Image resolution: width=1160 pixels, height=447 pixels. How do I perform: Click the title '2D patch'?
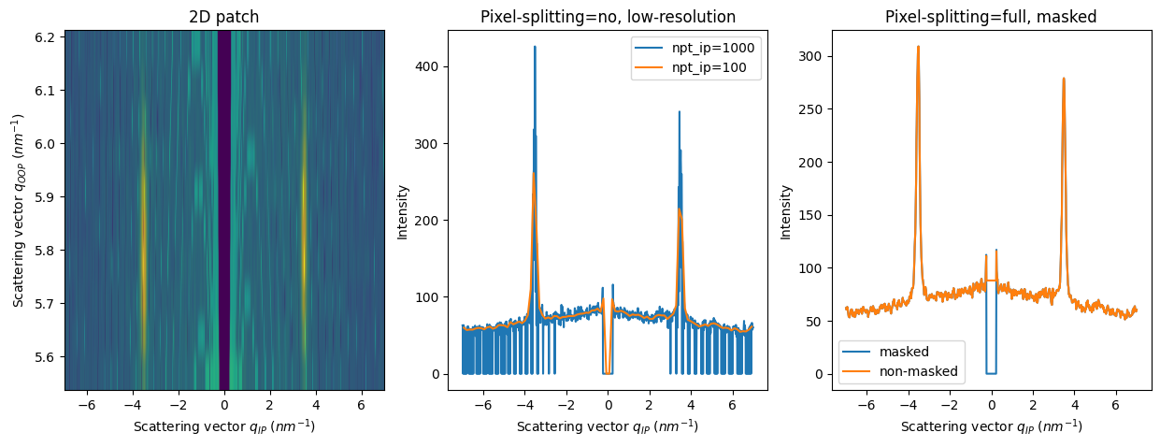pyautogui.click(x=224, y=17)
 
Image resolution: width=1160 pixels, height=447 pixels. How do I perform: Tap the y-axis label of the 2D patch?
pyautogui.click(x=18, y=210)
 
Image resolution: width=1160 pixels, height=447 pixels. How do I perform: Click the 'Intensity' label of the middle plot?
pyautogui.click(x=403, y=210)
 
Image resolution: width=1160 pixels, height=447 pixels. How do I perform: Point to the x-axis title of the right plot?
pyautogui.click(x=991, y=426)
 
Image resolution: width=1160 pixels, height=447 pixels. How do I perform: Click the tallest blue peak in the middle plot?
pyautogui.click(x=535, y=48)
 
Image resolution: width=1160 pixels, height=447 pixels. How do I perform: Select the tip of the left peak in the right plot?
pyautogui.click(x=918, y=47)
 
